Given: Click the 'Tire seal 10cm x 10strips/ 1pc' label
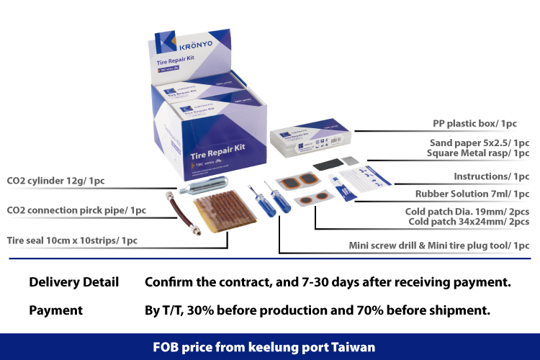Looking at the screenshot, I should coord(71,240).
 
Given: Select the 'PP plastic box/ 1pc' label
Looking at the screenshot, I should coord(474,123).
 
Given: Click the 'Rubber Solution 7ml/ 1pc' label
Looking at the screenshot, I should coord(472,194).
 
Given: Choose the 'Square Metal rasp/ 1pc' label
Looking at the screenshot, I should coord(477,153).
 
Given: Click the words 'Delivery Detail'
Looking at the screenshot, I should coord(73,282).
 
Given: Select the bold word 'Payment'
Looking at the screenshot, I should coord(55,310).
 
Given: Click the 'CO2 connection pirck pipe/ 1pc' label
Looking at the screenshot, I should coord(76,210).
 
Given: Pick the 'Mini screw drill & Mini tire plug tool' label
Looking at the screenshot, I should coord(439,246).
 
